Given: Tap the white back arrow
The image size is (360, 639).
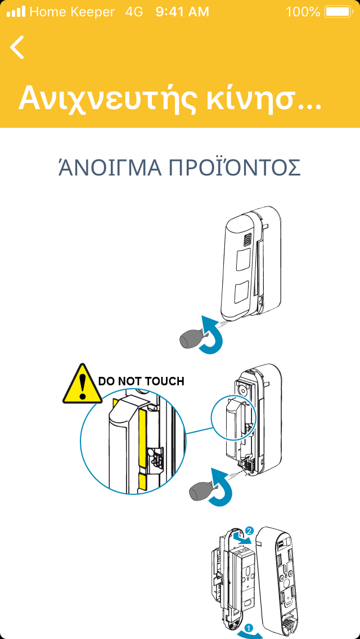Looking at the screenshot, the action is pos(17,47).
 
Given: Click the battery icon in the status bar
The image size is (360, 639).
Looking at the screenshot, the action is pos(337,12).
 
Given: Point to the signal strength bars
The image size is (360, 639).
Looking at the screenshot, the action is pos(16,12).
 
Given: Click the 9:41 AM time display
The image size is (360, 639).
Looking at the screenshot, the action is pos(182,12).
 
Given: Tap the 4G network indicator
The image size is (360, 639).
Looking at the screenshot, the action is pos(134,12).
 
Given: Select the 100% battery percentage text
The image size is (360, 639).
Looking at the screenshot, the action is pos(303,12).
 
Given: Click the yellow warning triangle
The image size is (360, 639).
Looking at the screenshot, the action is pos(83,384).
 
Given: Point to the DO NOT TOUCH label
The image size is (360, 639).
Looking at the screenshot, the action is pos(142,381).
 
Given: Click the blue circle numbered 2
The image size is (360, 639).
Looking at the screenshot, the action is pos(250,530).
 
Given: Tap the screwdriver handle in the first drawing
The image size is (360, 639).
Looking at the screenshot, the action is pos(193,339).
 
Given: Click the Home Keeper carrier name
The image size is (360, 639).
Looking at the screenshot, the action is pos(72,12).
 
